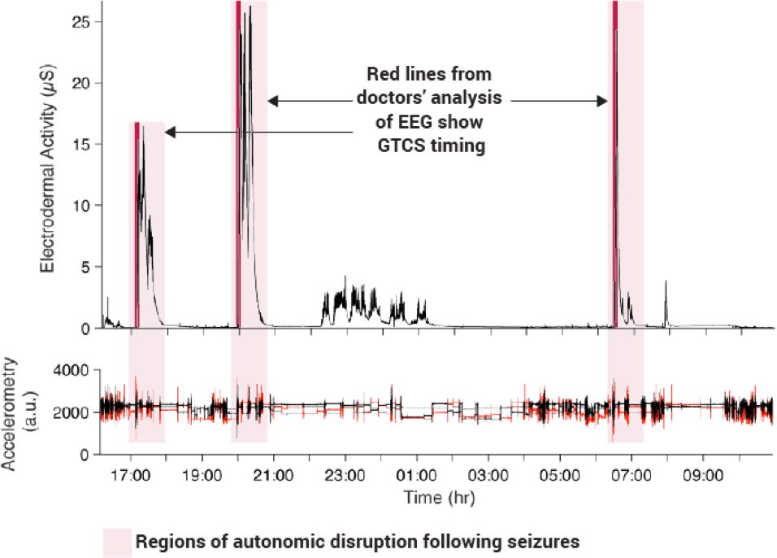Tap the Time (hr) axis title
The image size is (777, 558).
point(430,495)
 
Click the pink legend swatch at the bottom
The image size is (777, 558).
point(116,542)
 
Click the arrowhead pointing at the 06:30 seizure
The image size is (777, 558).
point(603,101)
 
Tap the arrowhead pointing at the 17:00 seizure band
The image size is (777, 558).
point(171,131)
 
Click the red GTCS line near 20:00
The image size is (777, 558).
point(237,163)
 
